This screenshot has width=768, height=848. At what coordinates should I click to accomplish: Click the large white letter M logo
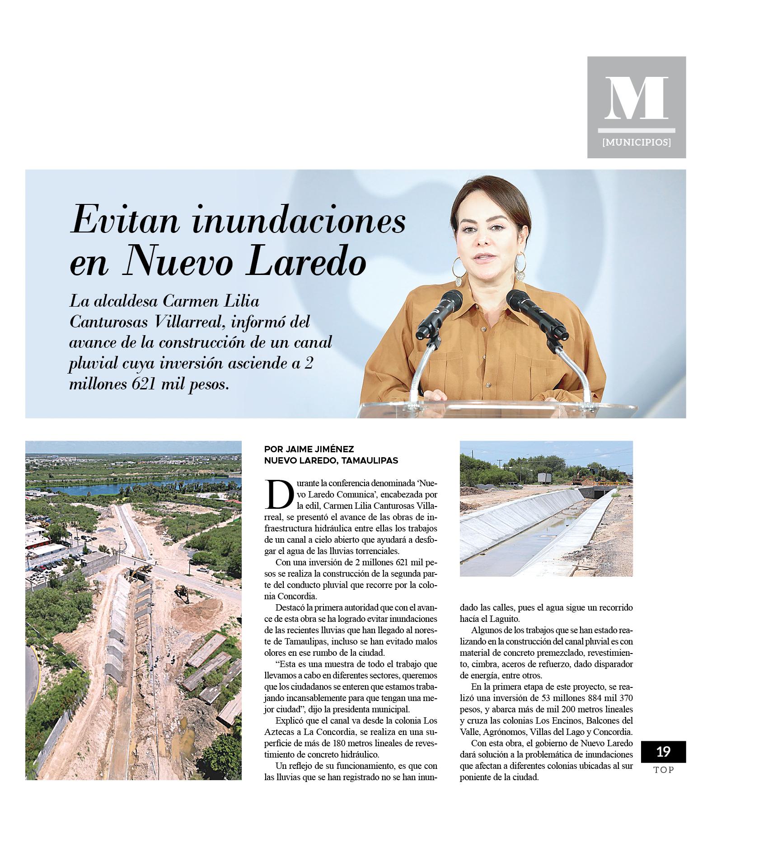(x=636, y=99)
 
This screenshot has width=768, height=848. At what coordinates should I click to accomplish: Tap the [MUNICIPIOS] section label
(x=636, y=142)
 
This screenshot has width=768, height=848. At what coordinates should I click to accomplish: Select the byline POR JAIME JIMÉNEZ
(x=309, y=449)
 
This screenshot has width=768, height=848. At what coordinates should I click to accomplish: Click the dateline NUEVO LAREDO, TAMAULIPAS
(x=331, y=460)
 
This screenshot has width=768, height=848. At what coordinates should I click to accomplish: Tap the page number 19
(x=663, y=751)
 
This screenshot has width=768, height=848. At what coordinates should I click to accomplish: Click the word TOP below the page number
(x=663, y=770)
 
